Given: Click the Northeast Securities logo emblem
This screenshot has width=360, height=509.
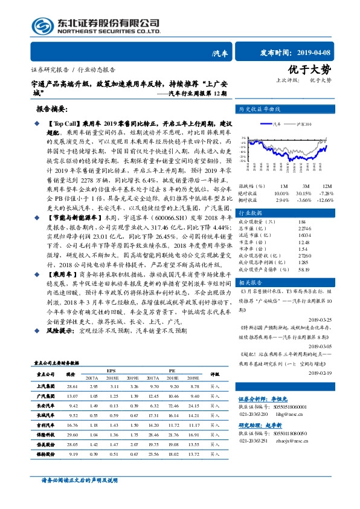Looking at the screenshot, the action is (x=42, y=25).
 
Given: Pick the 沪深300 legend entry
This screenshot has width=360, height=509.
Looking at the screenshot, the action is (x=303, y=123).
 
